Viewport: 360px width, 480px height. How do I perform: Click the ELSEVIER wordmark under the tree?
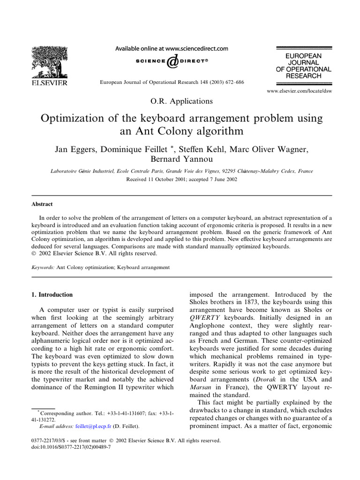click(49, 83)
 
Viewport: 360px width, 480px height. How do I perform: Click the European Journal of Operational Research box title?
click(303, 66)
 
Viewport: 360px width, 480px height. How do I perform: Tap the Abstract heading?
click(42, 204)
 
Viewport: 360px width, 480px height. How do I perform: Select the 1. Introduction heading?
click(52, 295)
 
